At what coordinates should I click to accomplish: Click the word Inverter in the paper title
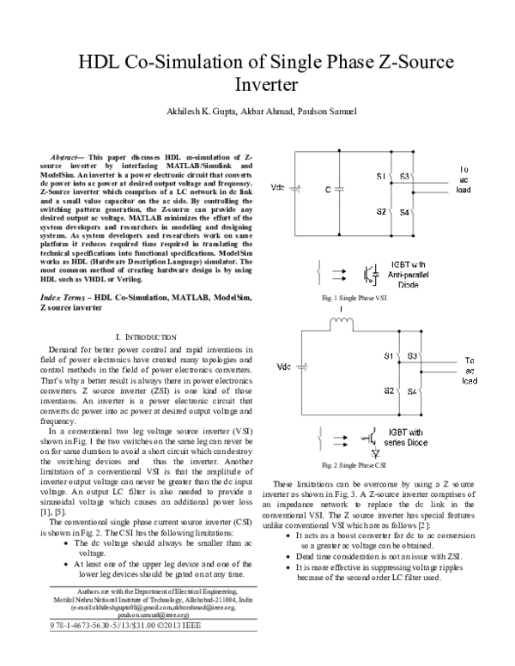(265, 87)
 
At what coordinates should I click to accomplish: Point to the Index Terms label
(65, 295)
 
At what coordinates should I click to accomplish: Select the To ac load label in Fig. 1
(464, 179)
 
